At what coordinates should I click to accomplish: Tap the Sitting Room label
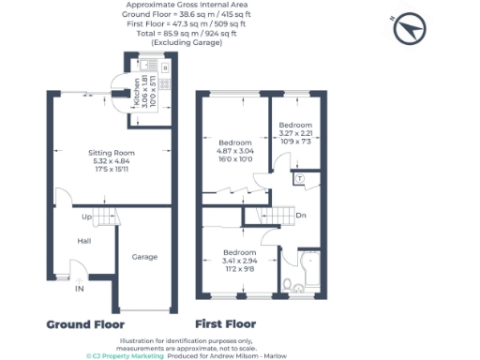112,153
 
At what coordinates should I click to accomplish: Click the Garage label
143,257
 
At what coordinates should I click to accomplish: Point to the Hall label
83,241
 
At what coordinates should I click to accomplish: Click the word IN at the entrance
80,290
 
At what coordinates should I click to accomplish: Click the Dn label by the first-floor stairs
300,217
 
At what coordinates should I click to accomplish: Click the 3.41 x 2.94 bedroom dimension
240,262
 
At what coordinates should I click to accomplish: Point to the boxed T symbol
299,178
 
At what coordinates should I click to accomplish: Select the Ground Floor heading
86,324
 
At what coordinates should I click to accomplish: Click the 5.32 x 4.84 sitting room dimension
112,160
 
